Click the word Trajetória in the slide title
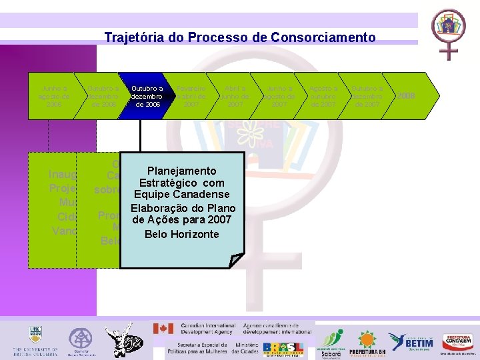pos(131,38)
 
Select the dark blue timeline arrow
pos(147,96)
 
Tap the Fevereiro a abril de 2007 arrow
pos(191,96)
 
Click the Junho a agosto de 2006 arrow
pos(55,96)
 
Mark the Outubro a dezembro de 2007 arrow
pos(367,96)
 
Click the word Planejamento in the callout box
pos(181,171)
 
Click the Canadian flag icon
pos(163,329)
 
